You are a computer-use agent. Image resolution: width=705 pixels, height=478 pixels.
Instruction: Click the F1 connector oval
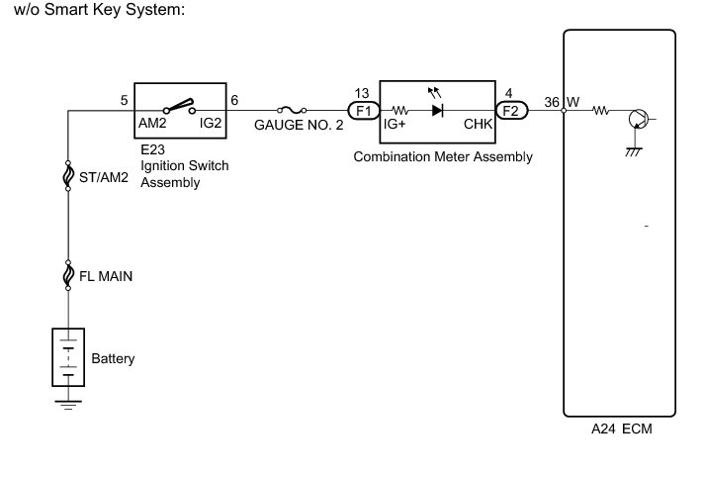point(363,111)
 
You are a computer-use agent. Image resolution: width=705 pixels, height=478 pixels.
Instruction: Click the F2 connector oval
point(511,111)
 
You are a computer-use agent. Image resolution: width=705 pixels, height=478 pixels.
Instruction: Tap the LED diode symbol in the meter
point(437,111)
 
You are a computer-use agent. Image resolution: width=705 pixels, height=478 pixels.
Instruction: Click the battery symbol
point(68,358)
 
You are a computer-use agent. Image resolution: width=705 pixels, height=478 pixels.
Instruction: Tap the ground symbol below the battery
point(68,403)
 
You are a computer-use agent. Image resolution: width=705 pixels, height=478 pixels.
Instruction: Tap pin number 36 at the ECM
point(551,99)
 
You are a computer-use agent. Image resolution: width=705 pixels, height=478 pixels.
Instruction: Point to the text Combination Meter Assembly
point(443,156)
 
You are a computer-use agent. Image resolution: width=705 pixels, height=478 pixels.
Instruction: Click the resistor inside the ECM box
point(600,111)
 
